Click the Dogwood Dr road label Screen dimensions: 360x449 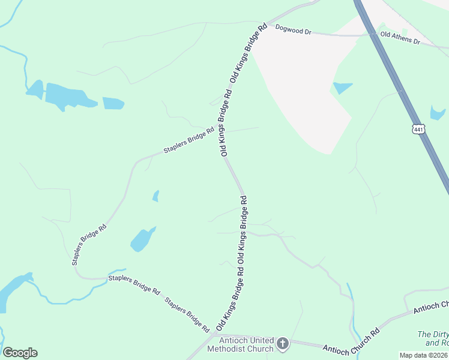[293, 30]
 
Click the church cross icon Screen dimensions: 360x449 [283, 344]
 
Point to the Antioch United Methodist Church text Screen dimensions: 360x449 [240, 344]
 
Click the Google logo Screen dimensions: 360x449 [20, 353]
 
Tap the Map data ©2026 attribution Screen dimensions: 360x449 [423, 355]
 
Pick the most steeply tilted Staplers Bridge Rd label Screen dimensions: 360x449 [89, 245]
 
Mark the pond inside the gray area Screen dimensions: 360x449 [342, 88]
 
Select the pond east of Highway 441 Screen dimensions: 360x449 [437, 113]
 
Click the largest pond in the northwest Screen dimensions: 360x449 [66, 97]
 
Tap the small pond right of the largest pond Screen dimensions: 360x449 [113, 103]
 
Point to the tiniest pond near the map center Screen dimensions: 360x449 [156, 196]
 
